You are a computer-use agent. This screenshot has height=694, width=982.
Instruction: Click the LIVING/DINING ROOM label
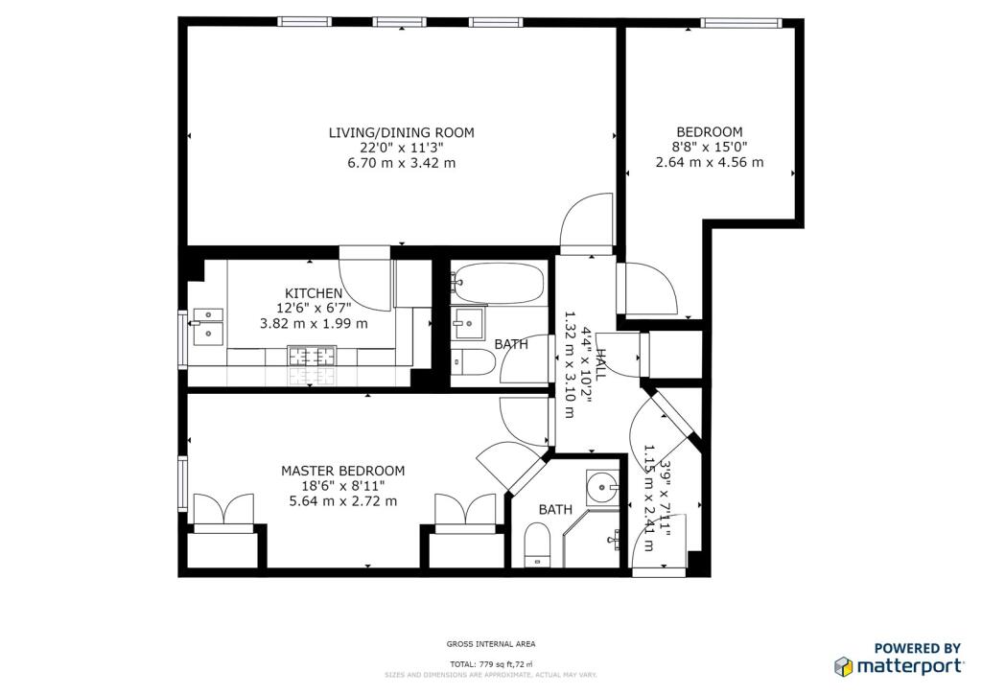click(x=402, y=132)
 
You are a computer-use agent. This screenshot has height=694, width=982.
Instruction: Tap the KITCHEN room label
click(x=314, y=293)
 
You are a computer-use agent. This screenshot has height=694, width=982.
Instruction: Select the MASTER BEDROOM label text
click(x=342, y=471)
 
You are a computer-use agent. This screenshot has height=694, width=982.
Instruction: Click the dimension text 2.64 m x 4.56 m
click(x=710, y=162)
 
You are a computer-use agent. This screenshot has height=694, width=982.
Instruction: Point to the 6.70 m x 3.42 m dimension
click(x=402, y=163)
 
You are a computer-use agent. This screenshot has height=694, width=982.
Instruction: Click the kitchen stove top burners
click(x=312, y=356)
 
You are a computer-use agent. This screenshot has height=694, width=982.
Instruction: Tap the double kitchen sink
click(x=208, y=327)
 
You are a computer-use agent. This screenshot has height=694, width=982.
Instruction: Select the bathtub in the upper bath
click(x=499, y=284)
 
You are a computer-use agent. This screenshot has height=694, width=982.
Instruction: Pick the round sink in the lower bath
click(x=603, y=487)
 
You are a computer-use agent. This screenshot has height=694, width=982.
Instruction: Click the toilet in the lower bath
click(x=537, y=544)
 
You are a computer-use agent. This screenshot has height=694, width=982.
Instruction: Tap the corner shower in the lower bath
click(x=592, y=539)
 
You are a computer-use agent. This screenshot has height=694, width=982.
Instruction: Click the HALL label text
click(x=600, y=364)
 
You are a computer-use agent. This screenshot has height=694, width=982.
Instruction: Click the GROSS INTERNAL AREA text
click(x=491, y=644)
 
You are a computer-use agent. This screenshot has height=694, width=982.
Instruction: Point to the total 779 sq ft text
click(x=491, y=664)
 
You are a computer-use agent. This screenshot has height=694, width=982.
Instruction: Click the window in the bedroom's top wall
click(x=741, y=23)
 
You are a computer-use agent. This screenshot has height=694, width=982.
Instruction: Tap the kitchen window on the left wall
click(x=183, y=339)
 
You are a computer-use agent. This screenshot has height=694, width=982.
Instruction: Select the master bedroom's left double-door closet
click(x=223, y=513)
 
